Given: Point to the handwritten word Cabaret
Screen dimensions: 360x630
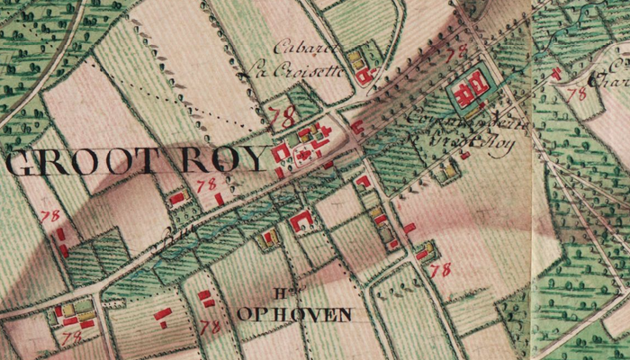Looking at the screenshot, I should point(299,47).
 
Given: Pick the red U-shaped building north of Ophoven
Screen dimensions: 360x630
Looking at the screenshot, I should point(302,219).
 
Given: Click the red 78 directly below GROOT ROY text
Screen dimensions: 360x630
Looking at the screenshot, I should point(206,184).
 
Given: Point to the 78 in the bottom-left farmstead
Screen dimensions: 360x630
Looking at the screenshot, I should point(72,336).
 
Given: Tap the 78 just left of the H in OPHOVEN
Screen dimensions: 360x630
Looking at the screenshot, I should point(211,327).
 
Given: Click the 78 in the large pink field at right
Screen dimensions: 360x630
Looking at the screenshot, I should point(440,269).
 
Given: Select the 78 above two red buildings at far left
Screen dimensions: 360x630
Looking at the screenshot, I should point(50,216).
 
